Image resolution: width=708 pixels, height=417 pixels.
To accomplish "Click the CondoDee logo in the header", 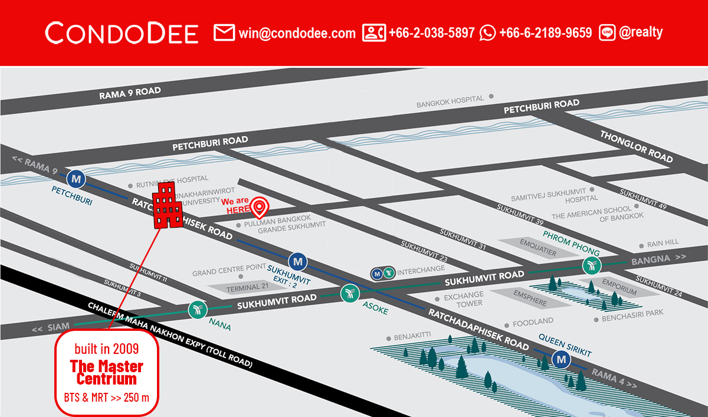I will click(x=122, y=33).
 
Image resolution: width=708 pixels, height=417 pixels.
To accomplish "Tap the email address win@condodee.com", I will click(x=297, y=33).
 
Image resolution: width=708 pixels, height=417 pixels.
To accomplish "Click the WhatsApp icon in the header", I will click(x=488, y=33).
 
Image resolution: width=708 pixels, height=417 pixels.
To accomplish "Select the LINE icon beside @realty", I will click(x=607, y=33).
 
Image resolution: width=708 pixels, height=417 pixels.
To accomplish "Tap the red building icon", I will click(x=168, y=205).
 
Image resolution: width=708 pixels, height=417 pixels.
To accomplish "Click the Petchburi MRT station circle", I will click(x=76, y=177).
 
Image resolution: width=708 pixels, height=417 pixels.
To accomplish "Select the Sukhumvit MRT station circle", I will click(x=297, y=260).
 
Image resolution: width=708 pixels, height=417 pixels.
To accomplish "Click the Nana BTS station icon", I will click(x=196, y=310).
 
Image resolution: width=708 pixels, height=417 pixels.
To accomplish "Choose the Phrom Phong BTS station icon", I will click(x=591, y=265).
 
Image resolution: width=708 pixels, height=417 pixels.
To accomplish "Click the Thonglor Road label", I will click(x=637, y=146).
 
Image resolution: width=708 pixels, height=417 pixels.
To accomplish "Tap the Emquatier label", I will click(x=537, y=247).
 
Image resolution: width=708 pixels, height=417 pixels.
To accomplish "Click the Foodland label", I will click(x=533, y=322).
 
